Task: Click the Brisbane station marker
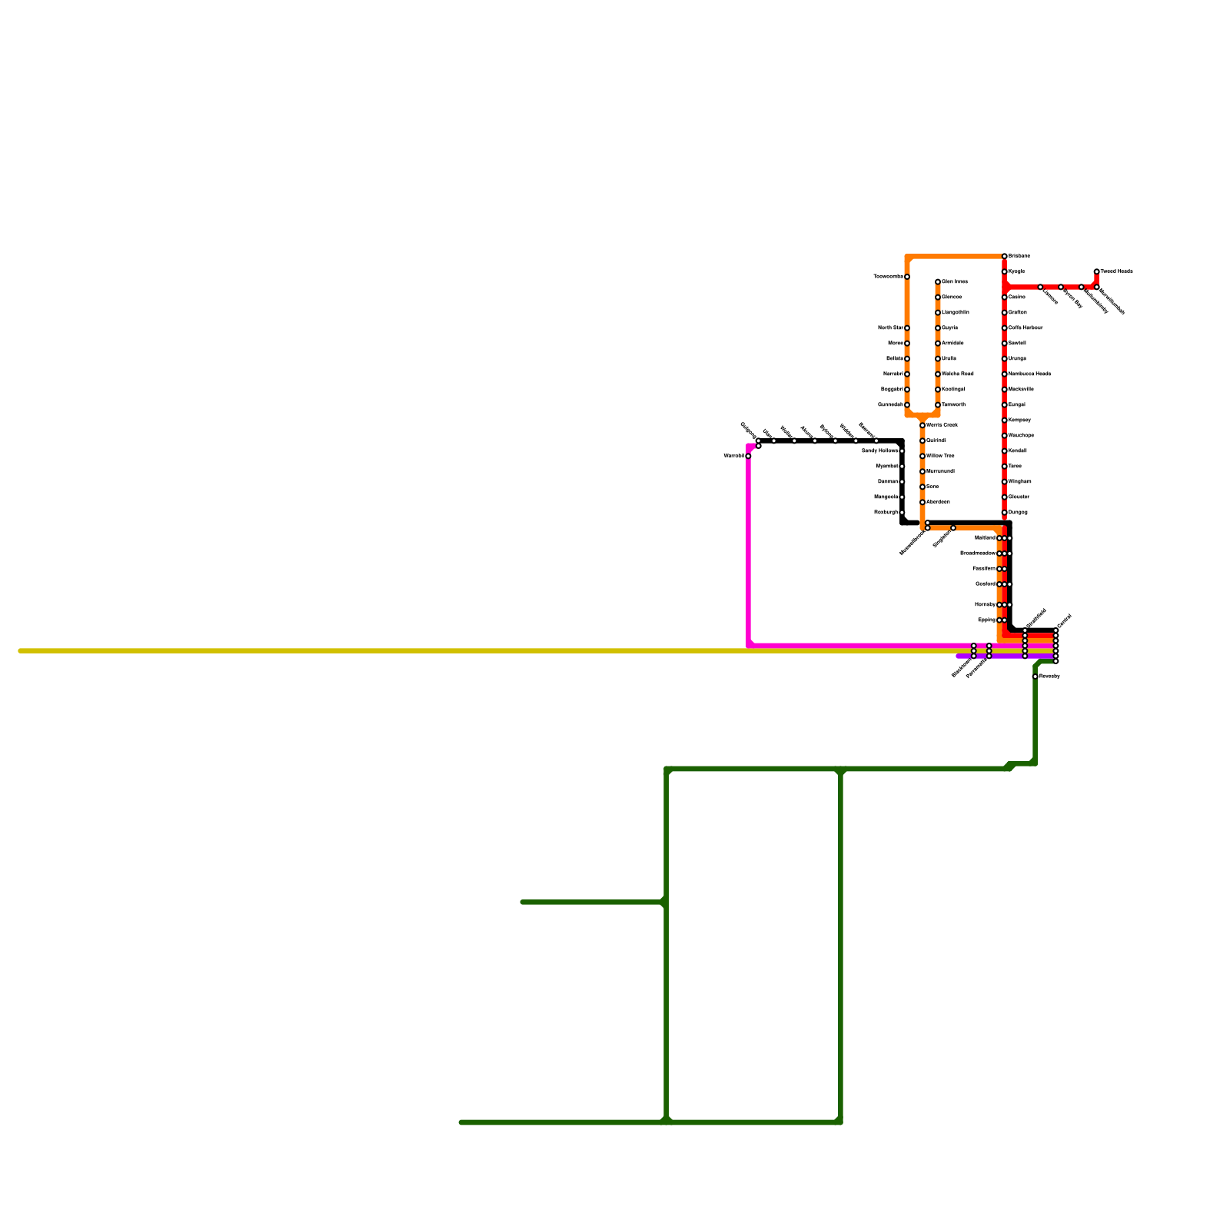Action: pos(1004,256)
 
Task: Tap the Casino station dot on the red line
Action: pos(1004,297)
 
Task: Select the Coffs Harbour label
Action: pos(1026,327)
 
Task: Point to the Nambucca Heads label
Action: pos(1029,374)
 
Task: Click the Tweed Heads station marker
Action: pos(1096,271)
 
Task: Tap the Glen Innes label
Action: pos(955,281)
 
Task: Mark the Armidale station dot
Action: pos(938,343)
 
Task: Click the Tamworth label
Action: pos(953,404)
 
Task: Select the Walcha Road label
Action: pos(958,374)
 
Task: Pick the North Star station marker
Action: pos(907,327)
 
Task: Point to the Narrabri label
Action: pos(893,374)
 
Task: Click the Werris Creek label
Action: pos(942,425)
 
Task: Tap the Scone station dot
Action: pos(922,487)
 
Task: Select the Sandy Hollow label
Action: pos(879,450)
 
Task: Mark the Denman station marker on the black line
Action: pos(902,481)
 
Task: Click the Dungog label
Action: pos(1018,512)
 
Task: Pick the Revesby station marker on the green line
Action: pos(1035,676)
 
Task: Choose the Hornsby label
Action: pos(985,604)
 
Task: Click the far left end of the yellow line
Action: pos(21,651)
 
